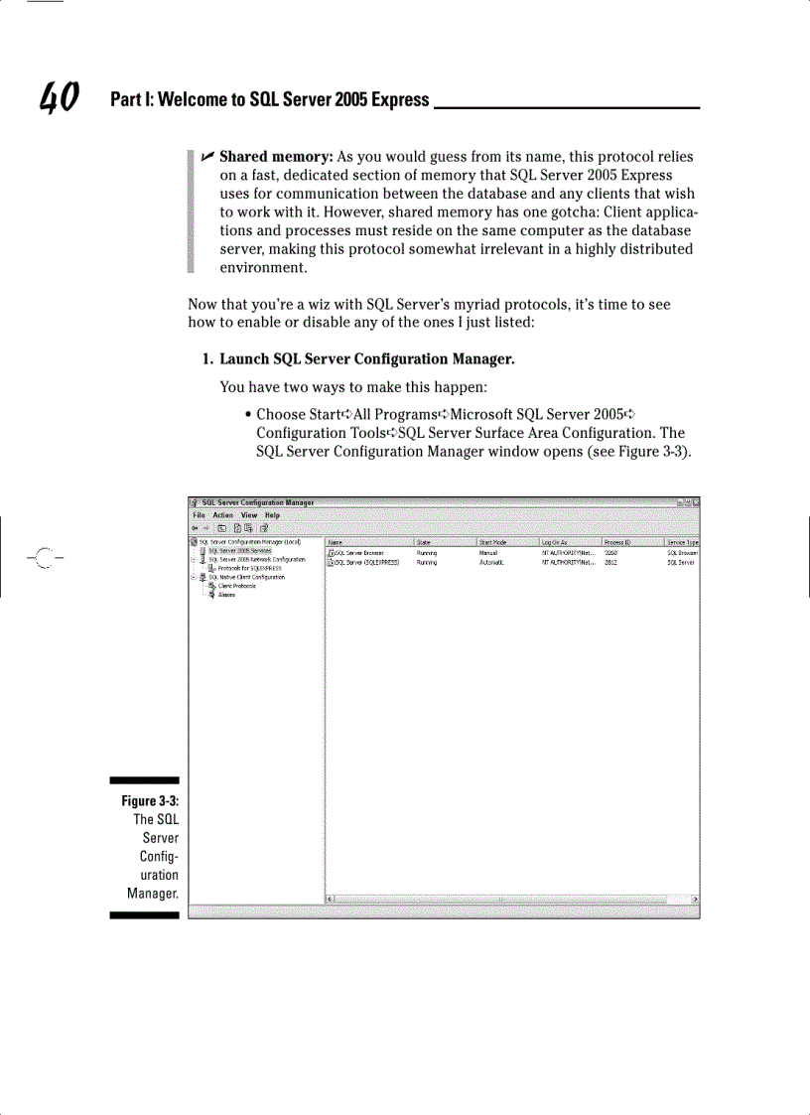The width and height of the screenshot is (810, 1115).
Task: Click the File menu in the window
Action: (200, 515)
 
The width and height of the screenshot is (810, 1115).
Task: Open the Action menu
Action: (223, 515)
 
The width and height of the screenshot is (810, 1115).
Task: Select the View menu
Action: (248, 515)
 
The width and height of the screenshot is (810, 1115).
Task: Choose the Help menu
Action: (272, 515)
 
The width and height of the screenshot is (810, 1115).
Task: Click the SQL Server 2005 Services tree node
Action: (239, 550)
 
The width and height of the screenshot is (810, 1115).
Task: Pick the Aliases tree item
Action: (226, 595)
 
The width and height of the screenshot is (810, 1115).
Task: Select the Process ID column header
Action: (618, 542)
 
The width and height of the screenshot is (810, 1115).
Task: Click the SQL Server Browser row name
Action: (359, 552)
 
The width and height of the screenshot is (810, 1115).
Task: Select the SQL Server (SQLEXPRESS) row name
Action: (366, 562)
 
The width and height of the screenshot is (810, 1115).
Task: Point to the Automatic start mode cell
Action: (491, 562)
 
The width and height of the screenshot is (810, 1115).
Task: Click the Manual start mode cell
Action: (487, 552)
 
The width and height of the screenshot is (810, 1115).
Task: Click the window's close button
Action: (696, 503)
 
